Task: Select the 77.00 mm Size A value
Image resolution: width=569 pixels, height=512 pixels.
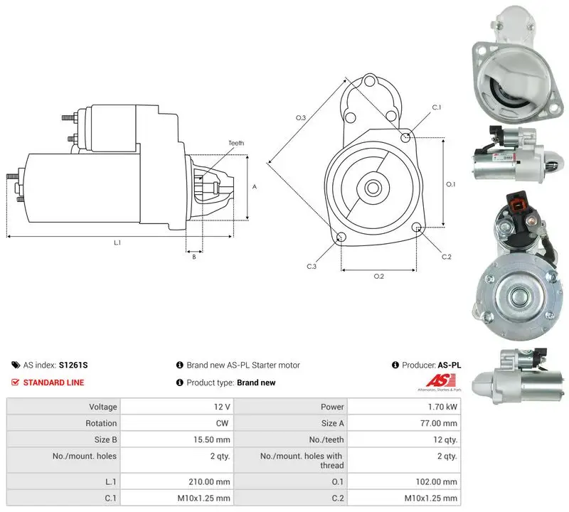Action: tap(439, 423)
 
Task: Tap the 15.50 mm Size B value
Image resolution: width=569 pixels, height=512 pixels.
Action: tap(211, 439)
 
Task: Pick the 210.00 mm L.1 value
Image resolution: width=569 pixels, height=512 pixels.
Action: tap(209, 481)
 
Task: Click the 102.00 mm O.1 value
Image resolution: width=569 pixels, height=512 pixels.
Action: tap(436, 481)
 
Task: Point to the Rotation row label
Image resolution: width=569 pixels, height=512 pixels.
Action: tap(101, 423)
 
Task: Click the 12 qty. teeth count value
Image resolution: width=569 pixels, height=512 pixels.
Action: tap(445, 439)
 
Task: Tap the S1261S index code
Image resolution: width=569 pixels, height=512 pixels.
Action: tap(73, 365)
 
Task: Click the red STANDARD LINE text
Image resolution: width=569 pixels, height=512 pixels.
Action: tap(54, 383)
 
